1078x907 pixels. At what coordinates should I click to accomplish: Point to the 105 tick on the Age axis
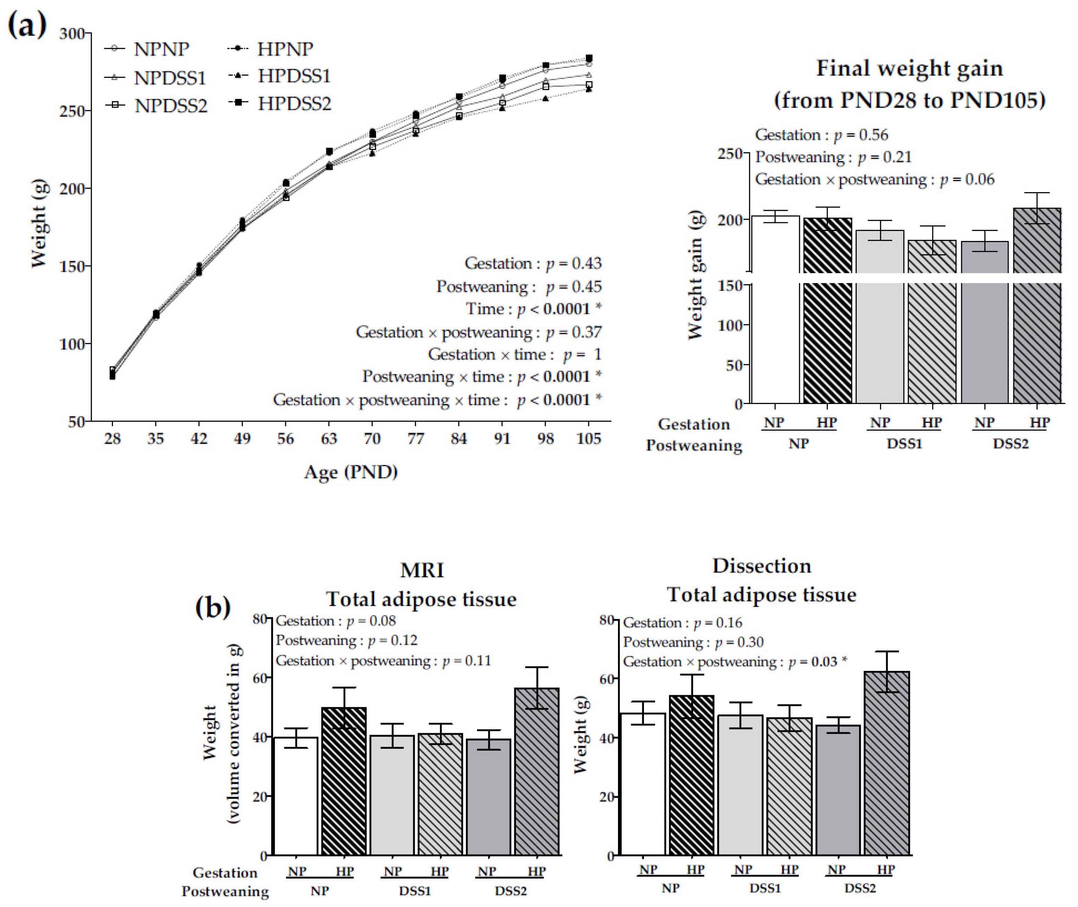click(x=589, y=439)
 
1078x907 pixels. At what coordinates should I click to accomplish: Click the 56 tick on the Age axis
click(x=285, y=439)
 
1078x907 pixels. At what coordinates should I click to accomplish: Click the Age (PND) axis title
click(x=351, y=472)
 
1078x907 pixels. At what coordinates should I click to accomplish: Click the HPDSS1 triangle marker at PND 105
click(x=589, y=89)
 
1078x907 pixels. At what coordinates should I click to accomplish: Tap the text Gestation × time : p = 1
click(x=514, y=354)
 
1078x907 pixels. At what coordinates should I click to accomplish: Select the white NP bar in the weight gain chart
click(x=775, y=308)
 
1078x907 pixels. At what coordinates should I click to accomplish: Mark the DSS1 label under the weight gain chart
click(x=904, y=444)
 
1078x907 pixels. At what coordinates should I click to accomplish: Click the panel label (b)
click(x=212, y=607)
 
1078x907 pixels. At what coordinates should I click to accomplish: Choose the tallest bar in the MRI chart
click(x=537, y=771)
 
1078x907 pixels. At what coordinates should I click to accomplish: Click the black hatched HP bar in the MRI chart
click(x=344, y=782)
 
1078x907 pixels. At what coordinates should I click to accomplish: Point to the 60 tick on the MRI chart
click(x=260, y=678)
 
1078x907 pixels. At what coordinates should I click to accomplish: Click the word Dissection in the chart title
click(x=761, y=566)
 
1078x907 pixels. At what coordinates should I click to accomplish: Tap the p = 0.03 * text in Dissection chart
click(x=818, y=662)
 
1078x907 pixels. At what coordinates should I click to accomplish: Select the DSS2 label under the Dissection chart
click(x=859, y=888)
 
